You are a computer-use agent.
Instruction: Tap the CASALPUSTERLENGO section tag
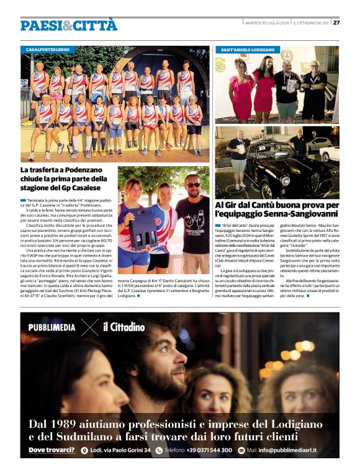click(48, 48)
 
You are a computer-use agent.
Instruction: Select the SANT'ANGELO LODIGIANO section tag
click(248, 48)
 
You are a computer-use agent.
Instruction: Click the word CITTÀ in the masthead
click(95, 25)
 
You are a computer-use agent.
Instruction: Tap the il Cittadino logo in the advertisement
click(124, 327)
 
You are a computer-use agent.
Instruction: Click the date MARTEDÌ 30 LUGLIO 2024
click(266, 23)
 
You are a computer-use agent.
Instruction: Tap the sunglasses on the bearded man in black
click(193, 184)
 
